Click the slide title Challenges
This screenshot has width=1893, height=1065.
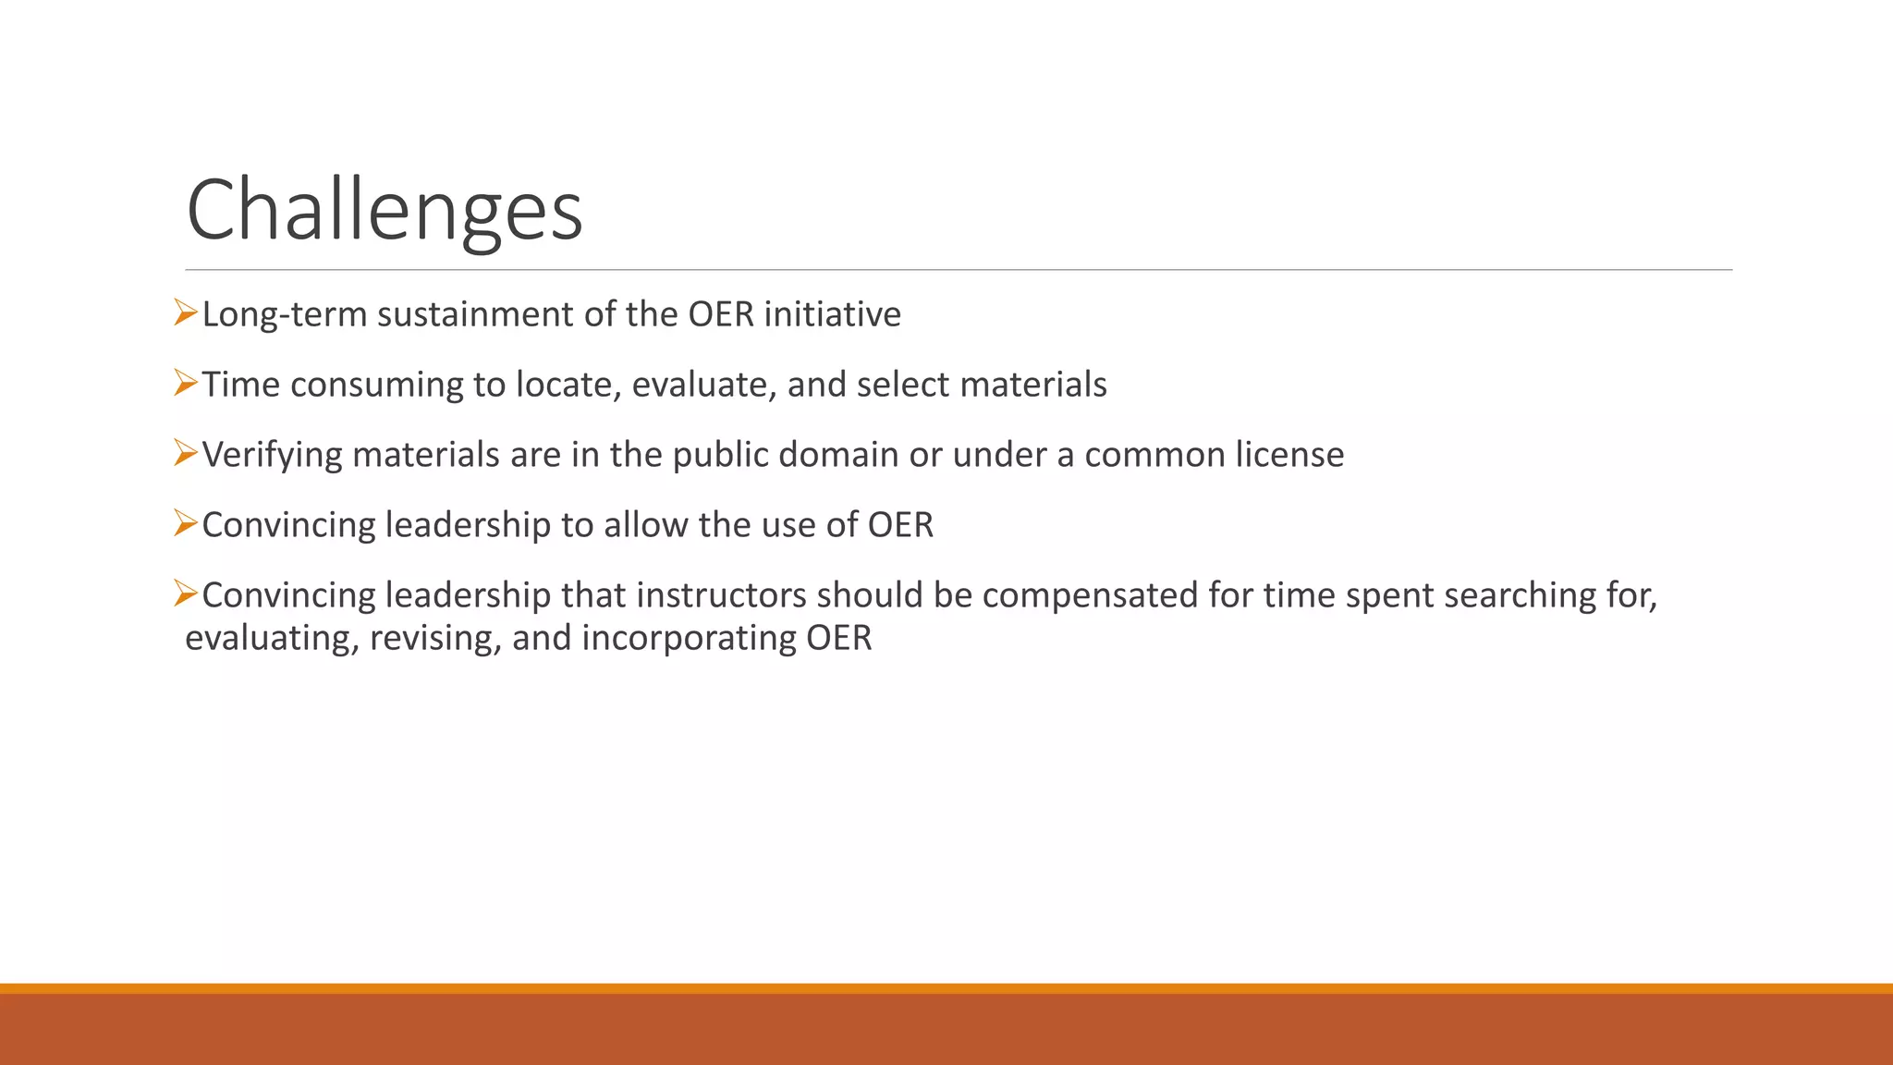coord(385,211)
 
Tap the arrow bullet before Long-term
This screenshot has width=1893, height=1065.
coord(186,313)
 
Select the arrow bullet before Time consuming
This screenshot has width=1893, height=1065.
coord(186,383)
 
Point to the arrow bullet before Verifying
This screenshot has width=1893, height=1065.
coord(186,453)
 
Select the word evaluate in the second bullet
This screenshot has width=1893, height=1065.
coord(703,386)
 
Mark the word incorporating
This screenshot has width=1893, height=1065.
coord(689,639)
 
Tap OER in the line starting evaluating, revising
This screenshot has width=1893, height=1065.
coord(838,639)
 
